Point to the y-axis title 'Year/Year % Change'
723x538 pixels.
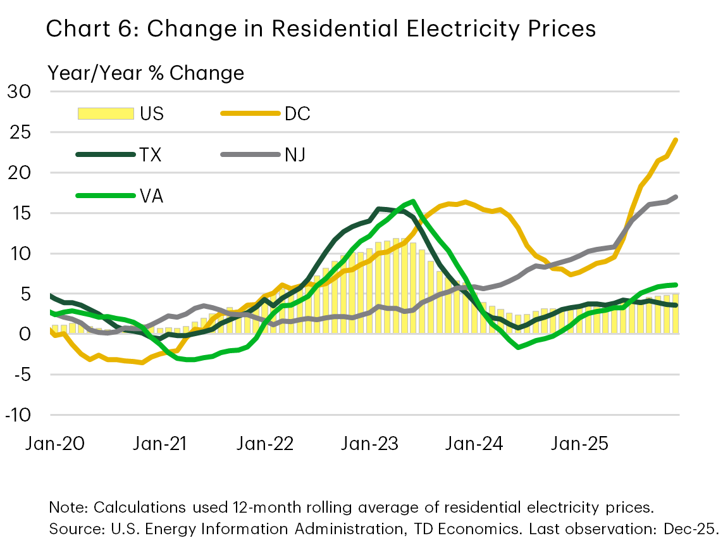(146, 73)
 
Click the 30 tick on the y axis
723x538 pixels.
(18, 92)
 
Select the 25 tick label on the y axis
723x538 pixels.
(18, 132)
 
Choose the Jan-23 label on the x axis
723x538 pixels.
(369, 444)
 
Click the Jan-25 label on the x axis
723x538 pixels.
(579, 444)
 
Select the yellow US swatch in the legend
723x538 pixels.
(106, 113)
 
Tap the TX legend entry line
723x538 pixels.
(105, 154)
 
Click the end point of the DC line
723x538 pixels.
(676, 140)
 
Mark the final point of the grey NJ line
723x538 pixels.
(676, 197)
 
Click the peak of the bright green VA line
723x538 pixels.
(413, 201)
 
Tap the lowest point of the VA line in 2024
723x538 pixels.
(519, 347)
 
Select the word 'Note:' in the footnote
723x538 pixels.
(69, 508)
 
